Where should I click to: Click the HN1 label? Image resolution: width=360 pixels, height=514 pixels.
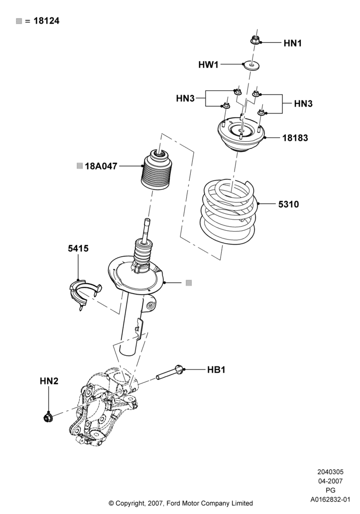(293, 43)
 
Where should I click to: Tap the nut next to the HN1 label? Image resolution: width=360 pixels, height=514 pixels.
(256, 40)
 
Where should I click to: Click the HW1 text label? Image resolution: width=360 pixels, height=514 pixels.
(208, 65)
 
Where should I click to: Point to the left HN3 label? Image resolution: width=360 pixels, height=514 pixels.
(185, 98)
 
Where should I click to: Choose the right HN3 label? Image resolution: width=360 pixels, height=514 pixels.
(303, 104)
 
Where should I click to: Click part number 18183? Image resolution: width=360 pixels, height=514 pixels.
(295, 138)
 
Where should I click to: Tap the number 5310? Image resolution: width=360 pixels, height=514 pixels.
(289, 204)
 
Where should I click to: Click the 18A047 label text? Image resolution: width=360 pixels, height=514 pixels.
(101, 166)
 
